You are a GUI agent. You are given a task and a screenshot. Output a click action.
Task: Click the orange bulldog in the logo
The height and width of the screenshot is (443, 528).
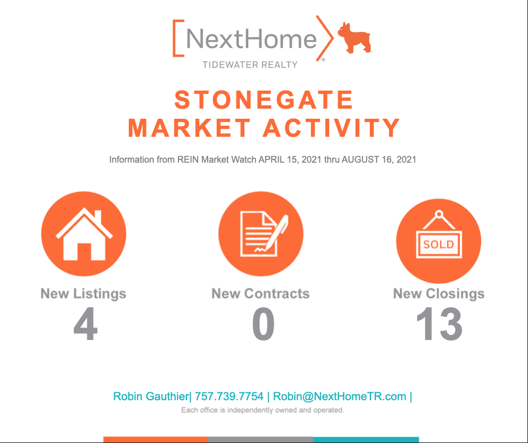click(354, 38)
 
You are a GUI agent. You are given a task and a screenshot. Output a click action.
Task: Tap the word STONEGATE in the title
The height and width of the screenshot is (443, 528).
click(264, 100)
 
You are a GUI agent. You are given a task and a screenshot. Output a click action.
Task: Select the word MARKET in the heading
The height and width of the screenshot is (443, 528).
click(189, 128)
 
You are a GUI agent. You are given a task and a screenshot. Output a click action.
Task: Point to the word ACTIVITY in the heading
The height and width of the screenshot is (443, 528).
click(332, 128)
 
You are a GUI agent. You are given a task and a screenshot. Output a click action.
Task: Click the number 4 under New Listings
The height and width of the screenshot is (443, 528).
click(86, 324)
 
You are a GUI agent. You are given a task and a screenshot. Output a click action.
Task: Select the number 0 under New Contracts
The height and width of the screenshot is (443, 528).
click(263, 324)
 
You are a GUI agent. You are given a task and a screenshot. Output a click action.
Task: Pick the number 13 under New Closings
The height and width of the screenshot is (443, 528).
click(439, 324)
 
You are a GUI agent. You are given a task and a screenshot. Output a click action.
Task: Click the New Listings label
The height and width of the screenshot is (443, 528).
click(83, 293)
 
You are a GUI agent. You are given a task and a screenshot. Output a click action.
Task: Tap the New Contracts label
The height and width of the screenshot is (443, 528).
click(261, 293)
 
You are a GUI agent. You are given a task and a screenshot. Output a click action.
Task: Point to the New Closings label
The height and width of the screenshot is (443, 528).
click(439, 293)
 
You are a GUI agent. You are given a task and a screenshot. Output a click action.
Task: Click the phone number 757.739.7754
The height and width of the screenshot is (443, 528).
click(229, 396)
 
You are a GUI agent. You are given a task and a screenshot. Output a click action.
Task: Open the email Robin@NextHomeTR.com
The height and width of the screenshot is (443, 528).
click(339, 396)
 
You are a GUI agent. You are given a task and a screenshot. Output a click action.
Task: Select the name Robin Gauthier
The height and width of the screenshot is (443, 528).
click(151, 396)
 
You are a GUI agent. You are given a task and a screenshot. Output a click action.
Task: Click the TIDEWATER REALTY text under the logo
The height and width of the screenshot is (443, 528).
click(250, 65)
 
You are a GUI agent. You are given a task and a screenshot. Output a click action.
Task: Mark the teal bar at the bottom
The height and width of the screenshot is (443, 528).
click(366, 440)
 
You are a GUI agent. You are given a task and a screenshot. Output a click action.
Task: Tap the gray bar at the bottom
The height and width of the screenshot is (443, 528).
click(261, 440)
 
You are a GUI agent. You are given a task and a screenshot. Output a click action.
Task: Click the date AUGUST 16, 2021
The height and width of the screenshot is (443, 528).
click(379, 159)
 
